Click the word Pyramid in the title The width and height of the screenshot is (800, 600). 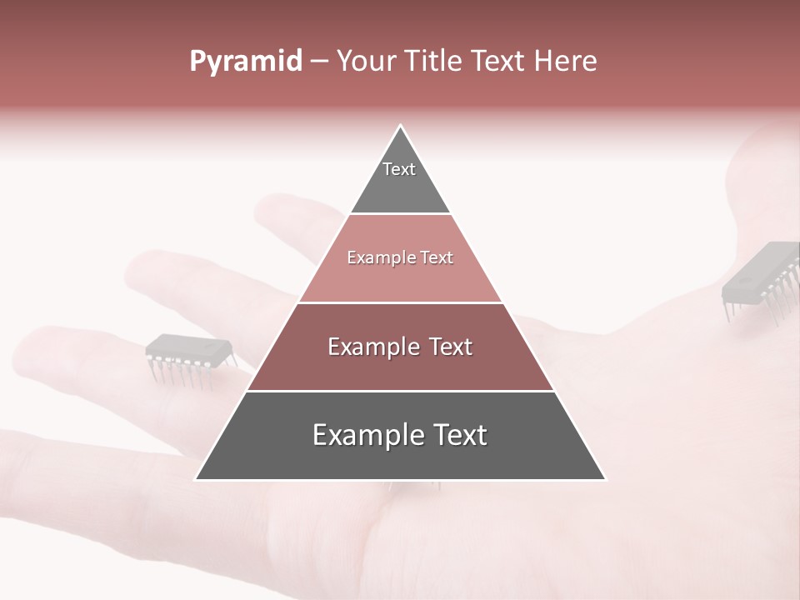[245, 62]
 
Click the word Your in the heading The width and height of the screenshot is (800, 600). [365, 62]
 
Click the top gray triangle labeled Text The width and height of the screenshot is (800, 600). [400, 179]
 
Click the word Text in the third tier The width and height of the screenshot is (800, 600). [450, 347]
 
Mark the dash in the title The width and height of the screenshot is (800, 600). [319, 62]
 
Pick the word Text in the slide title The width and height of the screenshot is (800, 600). [498, 62]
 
